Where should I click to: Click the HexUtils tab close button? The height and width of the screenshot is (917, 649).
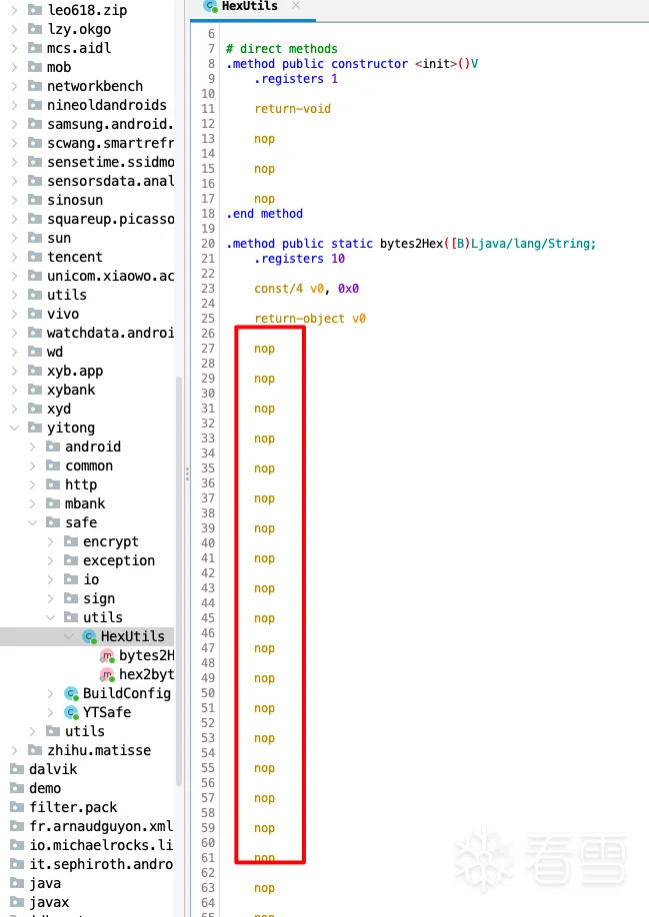(x=296, y=6)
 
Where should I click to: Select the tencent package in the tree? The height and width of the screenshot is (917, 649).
(x=74, y=257)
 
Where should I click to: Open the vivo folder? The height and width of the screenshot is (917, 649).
(x=62, y=314)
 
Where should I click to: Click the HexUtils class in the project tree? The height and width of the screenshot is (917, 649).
(x=132, y=636)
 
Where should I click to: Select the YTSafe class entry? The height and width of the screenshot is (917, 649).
(x=106, y=712)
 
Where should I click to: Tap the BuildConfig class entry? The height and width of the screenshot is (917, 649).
(x=126, y=693)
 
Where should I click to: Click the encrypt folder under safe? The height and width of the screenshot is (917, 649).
(x=110, y=541)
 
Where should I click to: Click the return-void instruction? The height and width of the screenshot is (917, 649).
(x=292, y=109)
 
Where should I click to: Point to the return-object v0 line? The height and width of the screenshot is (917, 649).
(x=310, y=319)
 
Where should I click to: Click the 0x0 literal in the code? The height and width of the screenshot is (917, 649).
(x=348, y=289)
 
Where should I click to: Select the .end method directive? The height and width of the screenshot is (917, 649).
(x=264, y=214)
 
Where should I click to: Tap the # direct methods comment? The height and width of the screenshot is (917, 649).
(x=282, y=49)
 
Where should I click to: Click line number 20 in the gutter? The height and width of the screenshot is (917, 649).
(x=208, y=244)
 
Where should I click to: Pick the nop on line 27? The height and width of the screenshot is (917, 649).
(x=264, y=349)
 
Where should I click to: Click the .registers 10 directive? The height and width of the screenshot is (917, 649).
(x=299, y=259)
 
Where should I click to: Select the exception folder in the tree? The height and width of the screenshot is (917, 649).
(x=118, y=560)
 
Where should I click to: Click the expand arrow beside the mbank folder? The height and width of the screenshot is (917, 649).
(x=33, y=503)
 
